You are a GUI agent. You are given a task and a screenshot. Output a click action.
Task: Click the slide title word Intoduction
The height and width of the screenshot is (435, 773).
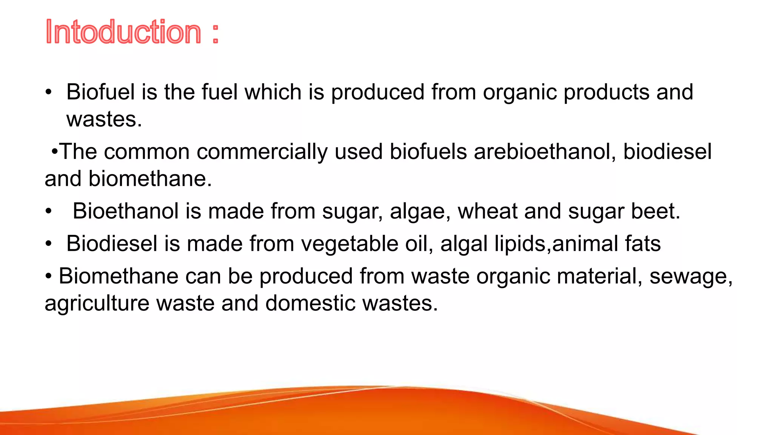point(123,32)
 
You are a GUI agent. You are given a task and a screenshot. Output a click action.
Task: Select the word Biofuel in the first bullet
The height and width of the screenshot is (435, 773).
point(100,92)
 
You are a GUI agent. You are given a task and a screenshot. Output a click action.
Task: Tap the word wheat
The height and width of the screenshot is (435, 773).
point(487,211)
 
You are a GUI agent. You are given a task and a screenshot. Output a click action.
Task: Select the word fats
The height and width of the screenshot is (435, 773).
point(642,244)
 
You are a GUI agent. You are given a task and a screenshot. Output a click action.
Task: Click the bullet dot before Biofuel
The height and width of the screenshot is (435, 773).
point(48,93)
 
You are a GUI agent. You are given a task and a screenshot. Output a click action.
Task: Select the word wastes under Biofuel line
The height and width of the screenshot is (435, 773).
point(104,120)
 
